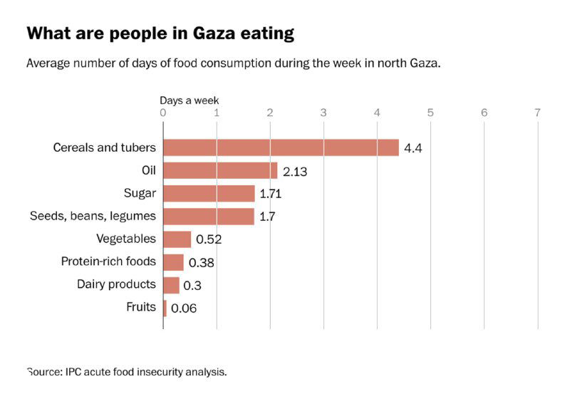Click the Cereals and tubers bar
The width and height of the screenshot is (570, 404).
[x=281, y=147]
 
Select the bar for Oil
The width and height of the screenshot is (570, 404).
[x=220, y=170]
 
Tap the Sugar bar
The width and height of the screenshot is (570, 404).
[x=209, y=193]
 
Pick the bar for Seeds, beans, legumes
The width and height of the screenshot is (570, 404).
[x=209, y=216]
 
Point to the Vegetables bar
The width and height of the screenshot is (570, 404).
[x=177, y=239]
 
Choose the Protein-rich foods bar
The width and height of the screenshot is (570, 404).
[x=174, y=262]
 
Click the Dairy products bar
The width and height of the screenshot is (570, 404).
[x=172, y=285]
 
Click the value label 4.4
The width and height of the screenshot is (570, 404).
[x=413, y=148]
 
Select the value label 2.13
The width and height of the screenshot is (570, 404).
[x=295, y=171]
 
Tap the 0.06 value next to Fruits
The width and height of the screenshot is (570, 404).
[x=184, y=309]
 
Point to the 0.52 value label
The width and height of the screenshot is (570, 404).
[x=209, y=239]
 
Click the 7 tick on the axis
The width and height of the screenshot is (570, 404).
[x=538, y=112]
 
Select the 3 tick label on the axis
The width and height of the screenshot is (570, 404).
[x=323, y=112]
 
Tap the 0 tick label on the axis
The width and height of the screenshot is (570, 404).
[x=163, y=112]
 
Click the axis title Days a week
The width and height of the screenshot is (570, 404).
[x=189, y=100]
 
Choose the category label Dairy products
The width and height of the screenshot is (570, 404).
[x=116, y=284]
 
